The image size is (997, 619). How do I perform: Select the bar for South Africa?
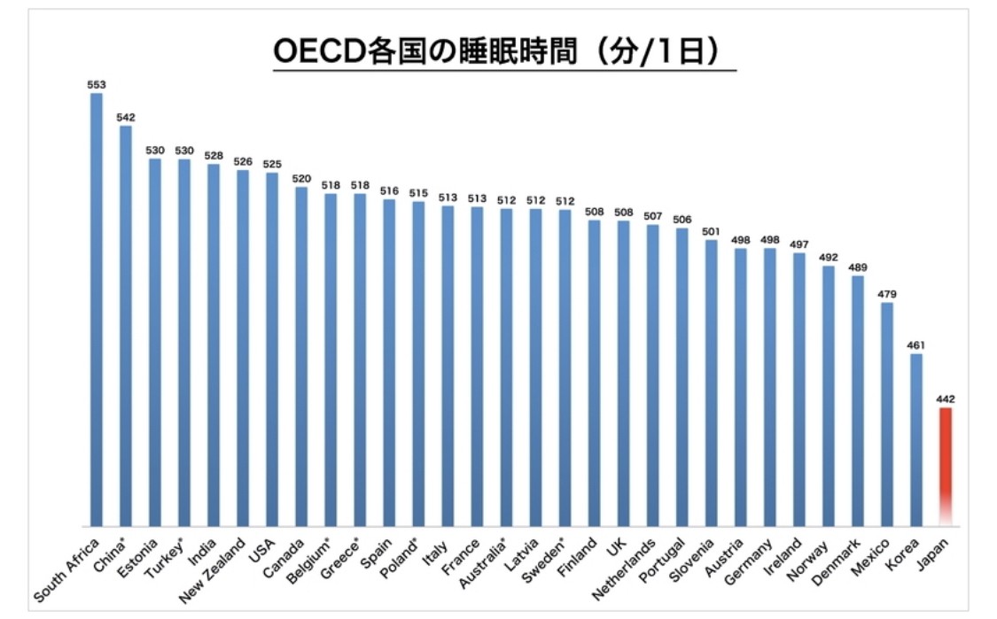tap(97, 310)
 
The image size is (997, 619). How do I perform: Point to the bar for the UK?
tap(623, 373)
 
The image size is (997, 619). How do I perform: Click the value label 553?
tap(97, 85)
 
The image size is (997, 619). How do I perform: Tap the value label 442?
tap(945, 399)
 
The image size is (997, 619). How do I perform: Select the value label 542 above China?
tap(126, 117)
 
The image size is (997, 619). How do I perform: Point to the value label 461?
tap(915, 345)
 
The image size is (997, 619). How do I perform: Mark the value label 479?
tap(886, 294)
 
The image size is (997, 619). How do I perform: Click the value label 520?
tap(301, 178)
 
